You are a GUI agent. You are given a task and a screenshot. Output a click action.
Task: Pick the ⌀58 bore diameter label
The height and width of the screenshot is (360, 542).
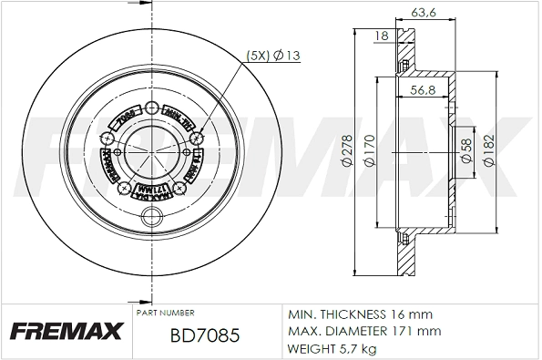(465, 150)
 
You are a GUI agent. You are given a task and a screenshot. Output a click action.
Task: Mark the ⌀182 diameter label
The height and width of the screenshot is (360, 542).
(489, 150)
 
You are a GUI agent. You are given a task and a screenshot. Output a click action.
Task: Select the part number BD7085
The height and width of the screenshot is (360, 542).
(205, 336)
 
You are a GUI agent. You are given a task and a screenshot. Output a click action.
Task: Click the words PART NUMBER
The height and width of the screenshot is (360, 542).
(161, 312)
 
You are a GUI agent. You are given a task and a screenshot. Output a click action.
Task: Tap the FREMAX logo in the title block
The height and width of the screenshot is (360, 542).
(63, 332)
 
